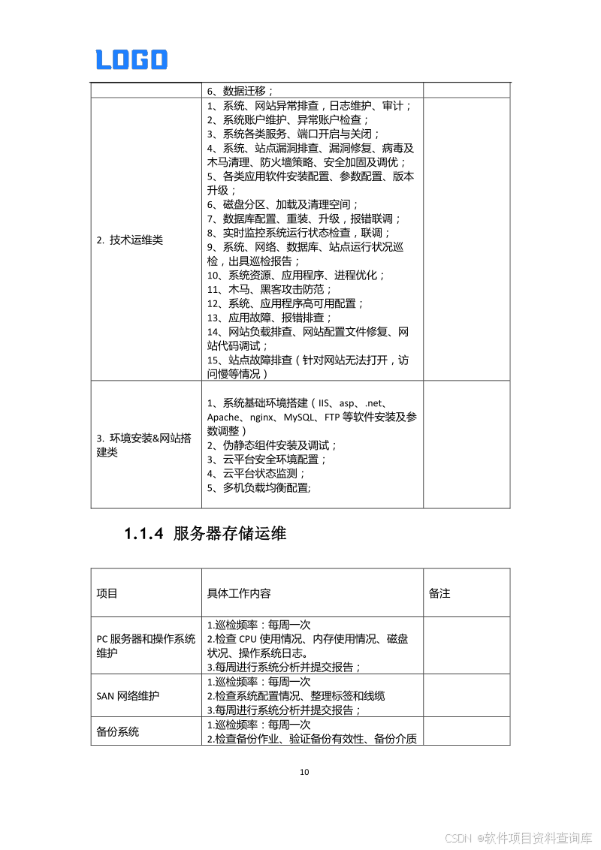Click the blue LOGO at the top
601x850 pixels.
pyautogui.click(x=131, y=60)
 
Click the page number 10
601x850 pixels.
pyautogui.click(x=304, y=772)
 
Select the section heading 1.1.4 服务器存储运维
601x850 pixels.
pyautogui.click(x=205, y=534)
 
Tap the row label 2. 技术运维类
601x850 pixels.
pyautogui.click(x=129, y=240)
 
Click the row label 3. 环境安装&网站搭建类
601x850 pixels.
pyautogui.click(x=143, y=445)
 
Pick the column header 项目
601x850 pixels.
pyautogui.click(x=107, y=593)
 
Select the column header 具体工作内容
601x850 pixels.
pyautogui.click(x=239, y=593)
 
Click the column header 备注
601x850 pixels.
pyautogui.click(x=439, y=593)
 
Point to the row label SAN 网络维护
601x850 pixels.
pyautogui.click(x=128, y=696)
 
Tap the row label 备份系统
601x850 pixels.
pyautogui.click(x=117, y=731)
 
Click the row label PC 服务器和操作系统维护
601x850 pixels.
pyautogui.click(x=146, y=646)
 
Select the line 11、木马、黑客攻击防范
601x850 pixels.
pyautogui.click(x=269, y=289)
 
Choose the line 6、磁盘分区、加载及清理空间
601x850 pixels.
pyautogui.click(x=282, y=204)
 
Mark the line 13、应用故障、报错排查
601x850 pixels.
pyautogui.click(x=269, y=318)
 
